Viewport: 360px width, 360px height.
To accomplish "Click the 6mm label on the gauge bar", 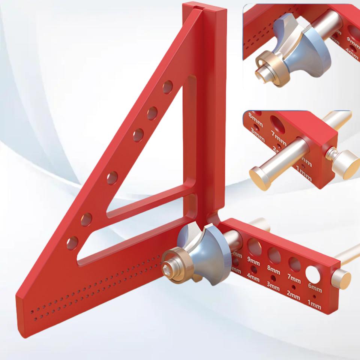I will pyautogui.click(x=315, y=289).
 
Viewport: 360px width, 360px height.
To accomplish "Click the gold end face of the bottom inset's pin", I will pyautogui.click(x=259, y=177).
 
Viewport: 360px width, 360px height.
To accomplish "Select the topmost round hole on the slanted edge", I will pyautogui.click(x=168, y=87).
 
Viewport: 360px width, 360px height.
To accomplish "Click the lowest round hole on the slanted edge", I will pyautogui.click(x=72, y=243).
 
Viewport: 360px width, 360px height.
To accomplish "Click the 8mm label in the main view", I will pyautogui.click(x=274, y=269).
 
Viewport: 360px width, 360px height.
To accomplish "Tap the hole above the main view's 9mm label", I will pyautogui.click(x=255, y=246).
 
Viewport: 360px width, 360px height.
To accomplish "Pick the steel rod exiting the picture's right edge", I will pyautogui.click(x=351, y=251).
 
